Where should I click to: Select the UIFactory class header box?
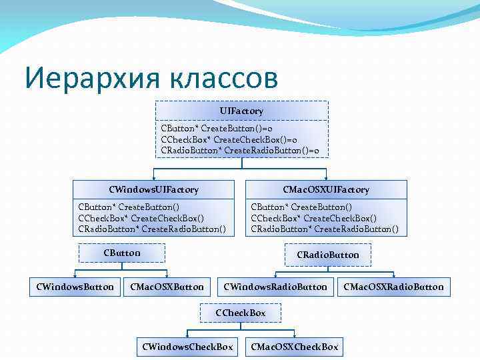[x=241, y=110]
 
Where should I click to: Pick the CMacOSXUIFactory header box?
[x=326, y=190]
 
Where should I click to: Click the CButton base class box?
[x=122, y=253]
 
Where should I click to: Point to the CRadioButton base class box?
[x=327, y=255]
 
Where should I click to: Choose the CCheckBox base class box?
[x=241, y=313]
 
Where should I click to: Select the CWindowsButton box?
[x=75, y=287]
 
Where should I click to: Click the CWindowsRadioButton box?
[x=275, y=287]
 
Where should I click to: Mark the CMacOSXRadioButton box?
[x=393, y=287]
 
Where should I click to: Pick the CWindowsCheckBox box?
[x=187, y=347]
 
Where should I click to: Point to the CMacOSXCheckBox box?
[x=294, y=347]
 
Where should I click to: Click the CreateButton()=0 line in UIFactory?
[x=224, y=127]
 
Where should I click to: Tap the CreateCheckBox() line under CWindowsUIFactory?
[x=141, y=218]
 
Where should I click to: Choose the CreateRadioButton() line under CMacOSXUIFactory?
[x=325, y=229]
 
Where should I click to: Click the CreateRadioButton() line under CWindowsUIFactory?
[x=152, y=229]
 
